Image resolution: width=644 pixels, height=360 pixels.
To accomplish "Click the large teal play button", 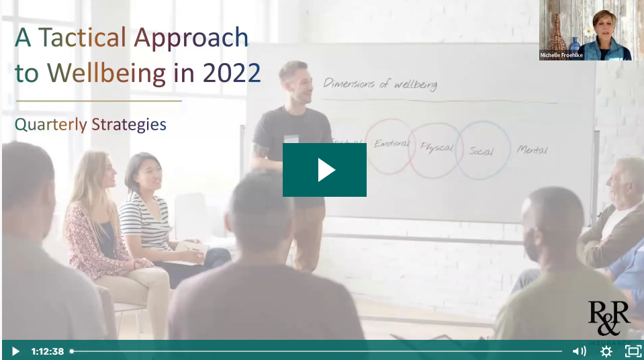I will click(x=324, y=170).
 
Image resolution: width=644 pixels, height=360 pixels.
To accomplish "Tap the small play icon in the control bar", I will click(x=15, y=351).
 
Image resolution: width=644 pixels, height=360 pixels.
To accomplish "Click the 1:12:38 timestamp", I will click(x=48, y=351).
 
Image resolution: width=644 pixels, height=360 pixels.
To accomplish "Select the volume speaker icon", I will click(x=579, y=351).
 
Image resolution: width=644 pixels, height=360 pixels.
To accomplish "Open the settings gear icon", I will click(x=606, y=351).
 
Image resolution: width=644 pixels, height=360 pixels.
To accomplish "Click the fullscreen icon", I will click(x=633, y=351).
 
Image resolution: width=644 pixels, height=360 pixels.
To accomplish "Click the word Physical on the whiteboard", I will click(x=436, y=147).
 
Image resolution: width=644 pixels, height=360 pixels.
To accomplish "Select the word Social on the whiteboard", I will click(x=481, y=150).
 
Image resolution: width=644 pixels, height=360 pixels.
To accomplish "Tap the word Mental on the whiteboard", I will click(x=532, y=150).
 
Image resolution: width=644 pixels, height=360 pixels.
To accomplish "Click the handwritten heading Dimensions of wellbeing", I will click(x=380, y=84).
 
